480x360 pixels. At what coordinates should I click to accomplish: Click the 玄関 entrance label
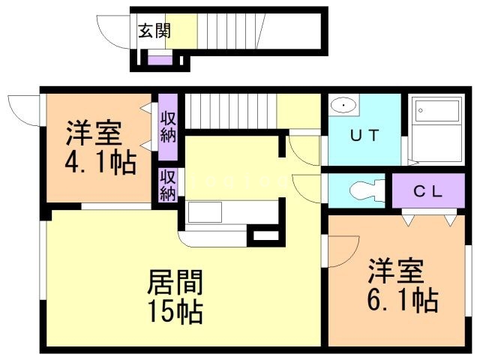point(154,31)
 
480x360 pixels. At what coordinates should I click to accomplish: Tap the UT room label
point(365,136)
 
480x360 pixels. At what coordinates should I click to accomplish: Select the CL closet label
point(429,190)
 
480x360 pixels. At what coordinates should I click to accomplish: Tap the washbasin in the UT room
point(343,106)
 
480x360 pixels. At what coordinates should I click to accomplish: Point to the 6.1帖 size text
point(402,300)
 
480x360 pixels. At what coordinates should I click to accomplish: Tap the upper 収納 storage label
point(167,127)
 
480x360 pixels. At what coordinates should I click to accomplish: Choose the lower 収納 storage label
point(166,184)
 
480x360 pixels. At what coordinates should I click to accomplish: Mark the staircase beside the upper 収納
point(229,112)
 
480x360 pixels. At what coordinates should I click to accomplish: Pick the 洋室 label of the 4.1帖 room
point(93,134)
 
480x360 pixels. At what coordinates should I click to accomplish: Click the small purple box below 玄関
point(158,60)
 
